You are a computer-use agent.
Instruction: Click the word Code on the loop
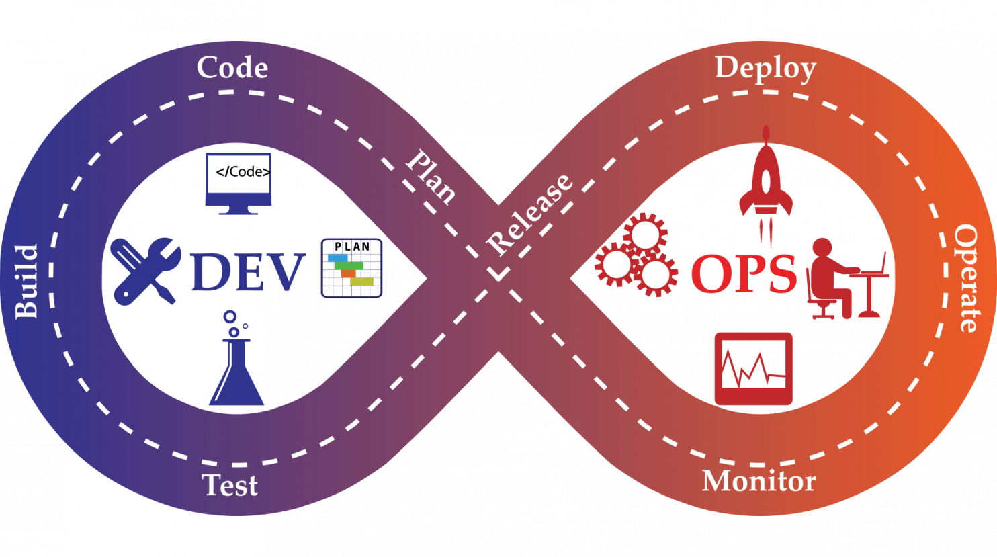click(x=232, y=68)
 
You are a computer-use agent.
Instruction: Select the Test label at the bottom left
click(x=230, y=485)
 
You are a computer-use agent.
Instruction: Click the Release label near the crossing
click(x=530, y=214)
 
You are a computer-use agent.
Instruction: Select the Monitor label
click(x=758, y=481)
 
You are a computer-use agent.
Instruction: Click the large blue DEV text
click(x=248, y=273)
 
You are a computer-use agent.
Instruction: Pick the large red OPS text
click(x=744, y=274)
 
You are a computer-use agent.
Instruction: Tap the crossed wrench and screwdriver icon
click(x=145, y=271)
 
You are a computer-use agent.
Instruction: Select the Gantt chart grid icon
click(x=351, y=267)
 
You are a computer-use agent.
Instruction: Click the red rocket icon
click(x=766, y=181)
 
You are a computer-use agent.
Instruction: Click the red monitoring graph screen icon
click(x=753, y=369)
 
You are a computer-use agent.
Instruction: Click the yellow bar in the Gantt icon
click(x=361, y=282)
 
